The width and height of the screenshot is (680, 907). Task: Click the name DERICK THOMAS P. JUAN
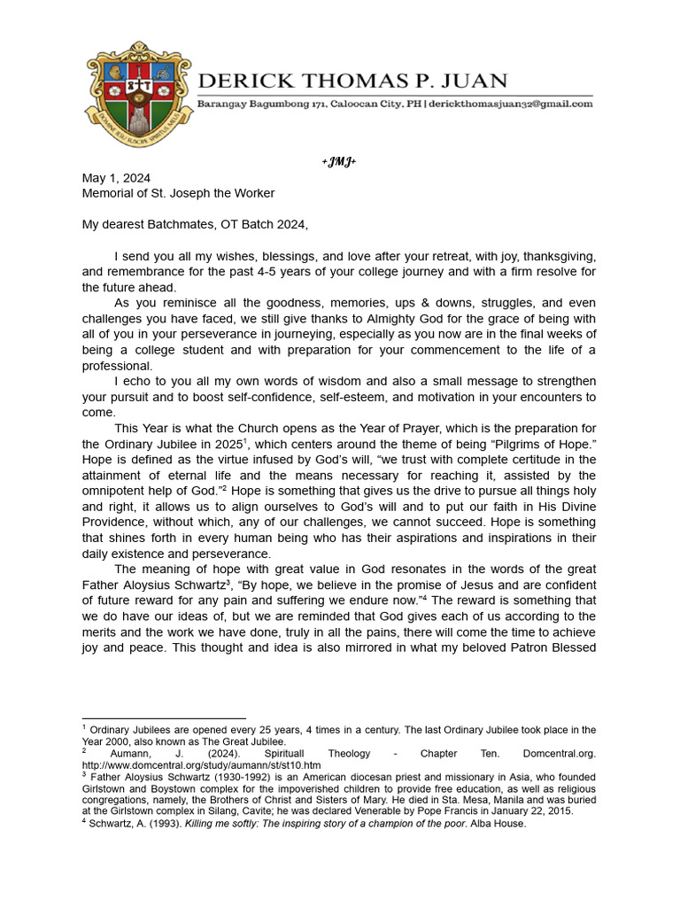click(352, 81)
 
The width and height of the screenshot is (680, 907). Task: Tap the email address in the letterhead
click(513, 105)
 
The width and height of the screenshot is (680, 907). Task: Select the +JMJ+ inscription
click(338, 163)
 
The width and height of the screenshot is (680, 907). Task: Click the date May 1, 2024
click(112, 178)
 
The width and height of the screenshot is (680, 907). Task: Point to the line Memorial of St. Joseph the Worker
click(178, 193)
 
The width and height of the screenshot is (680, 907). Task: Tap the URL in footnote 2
click(201, 764)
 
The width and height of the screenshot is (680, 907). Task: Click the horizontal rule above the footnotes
click(164, 718)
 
